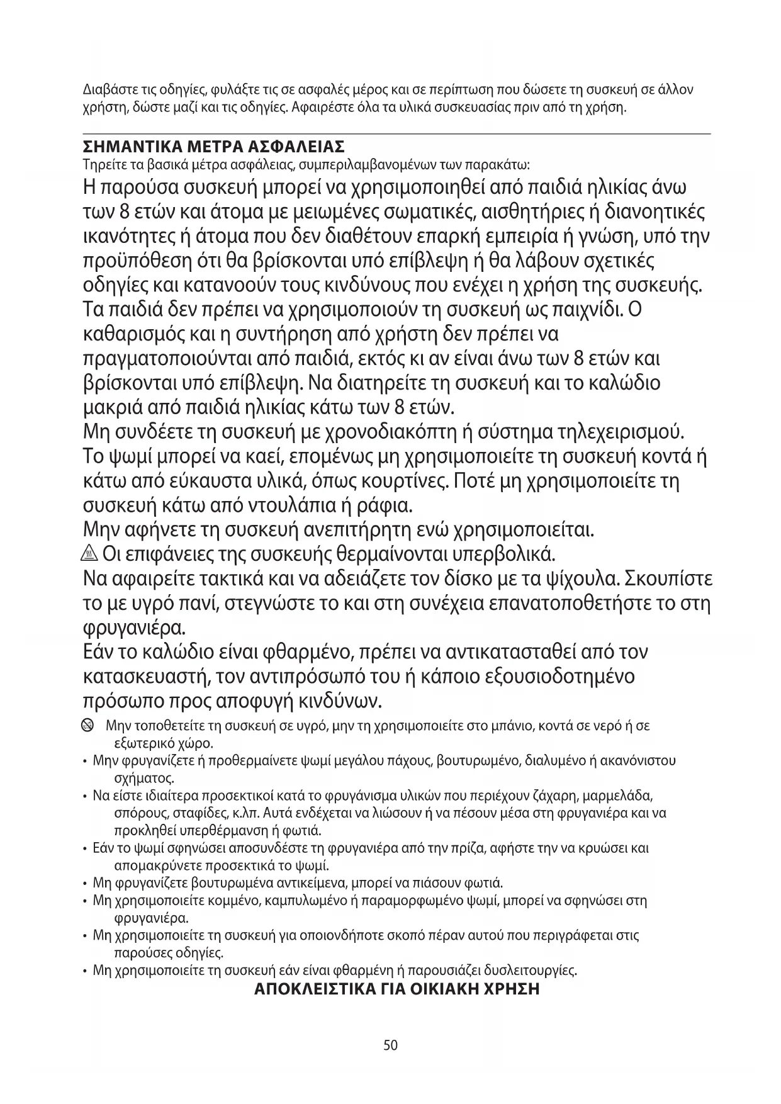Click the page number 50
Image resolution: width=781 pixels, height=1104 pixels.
point(390,1045)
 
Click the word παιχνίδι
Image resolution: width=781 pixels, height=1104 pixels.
point(577,310)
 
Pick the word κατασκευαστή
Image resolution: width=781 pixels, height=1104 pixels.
point(146,677)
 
